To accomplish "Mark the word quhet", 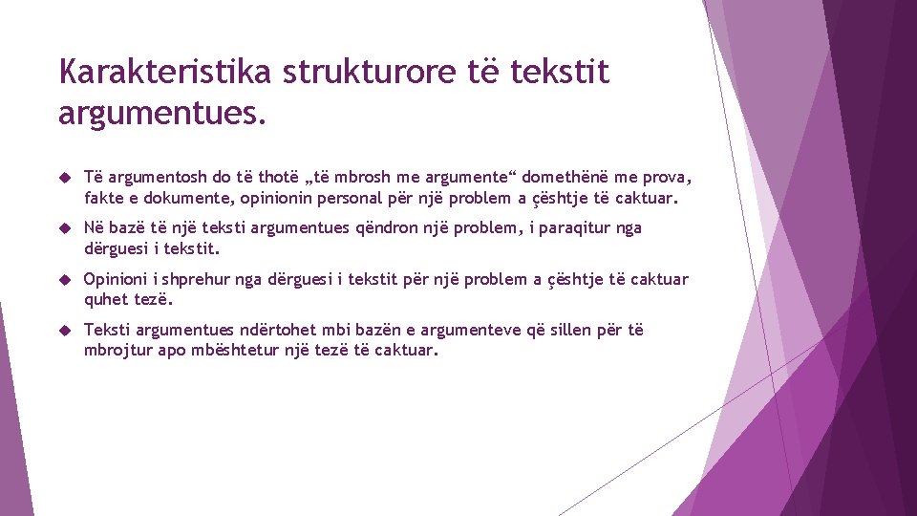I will click(x=105, y=300).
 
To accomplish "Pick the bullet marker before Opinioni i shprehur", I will click(x=64, y=280).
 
